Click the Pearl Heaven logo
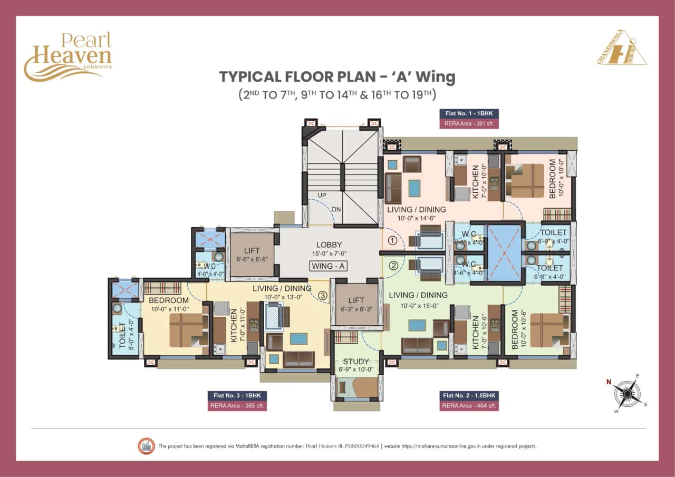click(67, 55)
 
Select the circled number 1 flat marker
click(392, 241)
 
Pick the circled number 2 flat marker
click(392, 266)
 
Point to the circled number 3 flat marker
click(323, 296)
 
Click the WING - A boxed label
click(328, 266)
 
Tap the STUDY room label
click(356, 362)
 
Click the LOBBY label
click(329, 245)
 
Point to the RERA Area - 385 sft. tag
click(238, 406)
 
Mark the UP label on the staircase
click(322, 196)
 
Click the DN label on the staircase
click(336, 209)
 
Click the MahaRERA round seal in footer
click(145, 446)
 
